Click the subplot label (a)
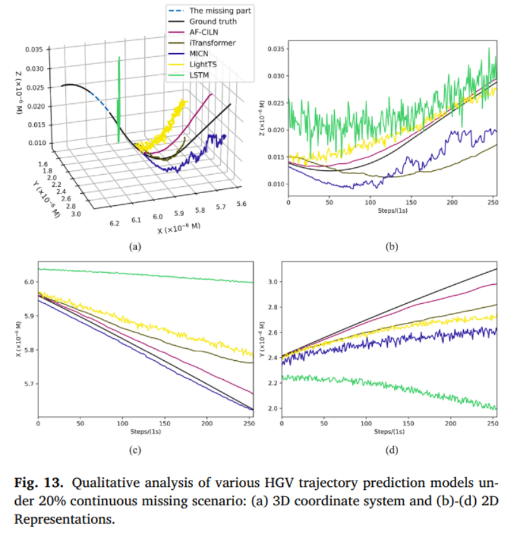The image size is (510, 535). (134, 247)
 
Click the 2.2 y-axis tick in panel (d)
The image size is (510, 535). (273, 383)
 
